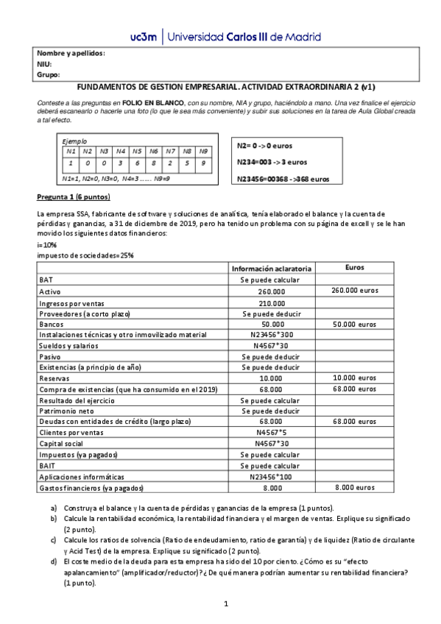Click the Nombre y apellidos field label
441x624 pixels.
pyautogui.click(x=71, y=54)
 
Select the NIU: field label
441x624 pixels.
pyautogui.click(x=44, y=64)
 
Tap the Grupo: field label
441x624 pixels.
pyautogui.click(x=48, y=74)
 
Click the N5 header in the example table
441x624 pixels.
pyautogui.click(x=136, y=151)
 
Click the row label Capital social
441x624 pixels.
pyautogui.click(x=62, y=444)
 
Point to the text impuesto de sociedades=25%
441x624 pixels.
pyautogui.click(x=85, y=255)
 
